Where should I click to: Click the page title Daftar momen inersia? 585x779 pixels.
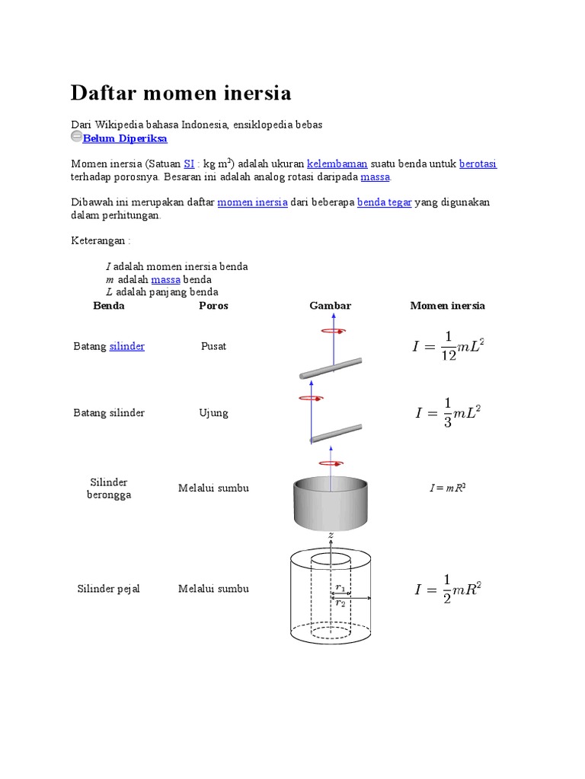(x=181, y=93)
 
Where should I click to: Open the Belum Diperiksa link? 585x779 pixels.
(x=125, y=138)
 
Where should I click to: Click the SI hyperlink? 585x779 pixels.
(x=190, y=164)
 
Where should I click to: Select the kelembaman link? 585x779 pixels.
(x=337, y=164)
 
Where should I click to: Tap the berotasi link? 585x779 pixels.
(x=478, y=164)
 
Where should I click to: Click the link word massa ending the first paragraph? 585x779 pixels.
(x=375, y=176)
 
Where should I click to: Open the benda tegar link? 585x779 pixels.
(x=384, y=202)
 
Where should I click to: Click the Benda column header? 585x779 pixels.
(x=109, y=306)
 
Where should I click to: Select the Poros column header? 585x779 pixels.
(x=213, y=306)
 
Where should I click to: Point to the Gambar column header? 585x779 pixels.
(x=330, y=306)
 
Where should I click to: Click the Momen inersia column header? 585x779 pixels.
(x=447, y=306)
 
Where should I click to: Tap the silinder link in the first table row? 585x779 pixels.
(x=127, y=346)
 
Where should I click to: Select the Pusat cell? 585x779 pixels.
(x=213, y=346)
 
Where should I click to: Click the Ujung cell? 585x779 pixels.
(x=213, y=413)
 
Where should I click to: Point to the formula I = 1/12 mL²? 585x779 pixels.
(x=448, y=346)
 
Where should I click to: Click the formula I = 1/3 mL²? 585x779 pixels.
(x=448, y=413)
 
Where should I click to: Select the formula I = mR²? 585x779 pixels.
(x=447, y=488)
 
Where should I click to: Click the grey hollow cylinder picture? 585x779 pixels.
(x=331, y=504)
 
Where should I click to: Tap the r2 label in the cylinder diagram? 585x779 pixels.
(x=340, y=603)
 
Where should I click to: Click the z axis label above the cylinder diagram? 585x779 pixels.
(x=331, y=536)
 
